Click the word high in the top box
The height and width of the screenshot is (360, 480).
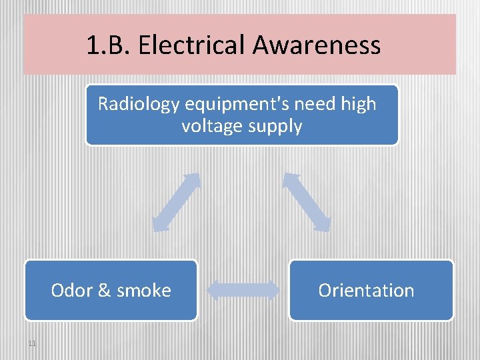pos(359,104)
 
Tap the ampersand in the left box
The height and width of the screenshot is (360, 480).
pos(103,291)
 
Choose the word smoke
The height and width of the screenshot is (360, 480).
pos(143,291)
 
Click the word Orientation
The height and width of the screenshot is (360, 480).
pos(366,291)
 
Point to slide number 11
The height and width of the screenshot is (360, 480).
pos(33,343)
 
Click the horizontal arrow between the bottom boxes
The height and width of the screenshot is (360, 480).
pos(243,290)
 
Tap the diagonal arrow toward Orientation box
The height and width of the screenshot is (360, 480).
pos(307,202)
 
